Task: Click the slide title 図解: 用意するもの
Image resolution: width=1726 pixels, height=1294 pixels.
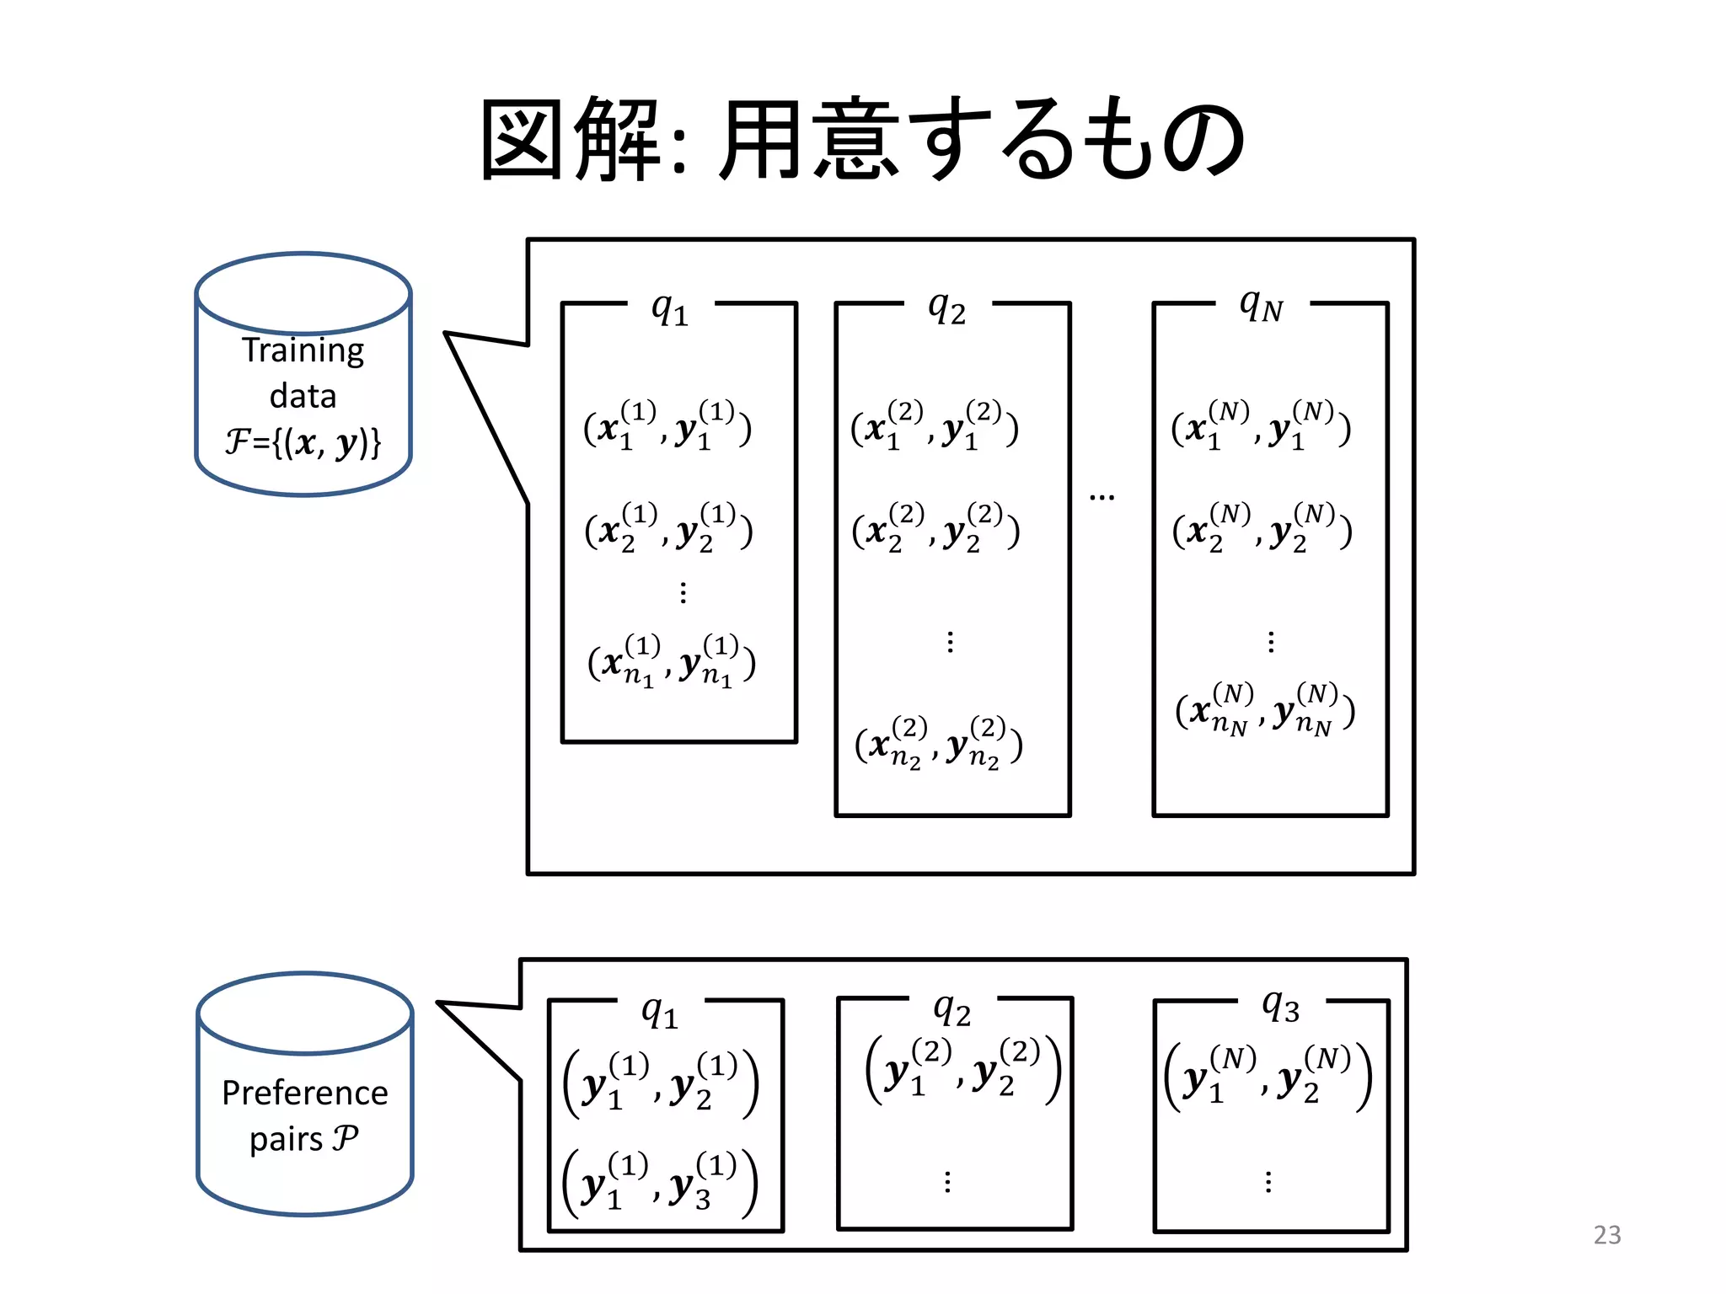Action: [862, 139]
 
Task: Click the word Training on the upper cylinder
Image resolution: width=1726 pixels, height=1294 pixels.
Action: [303, 350]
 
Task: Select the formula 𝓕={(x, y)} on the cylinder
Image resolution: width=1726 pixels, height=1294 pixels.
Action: [303, 441]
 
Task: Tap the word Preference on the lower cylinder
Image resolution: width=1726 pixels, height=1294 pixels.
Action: [304, 1093]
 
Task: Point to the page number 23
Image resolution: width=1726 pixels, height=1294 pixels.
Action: [1606, 1235]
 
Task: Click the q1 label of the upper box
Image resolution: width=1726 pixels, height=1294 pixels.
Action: [670, 309]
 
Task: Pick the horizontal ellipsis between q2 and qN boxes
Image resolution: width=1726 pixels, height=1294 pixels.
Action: [1102, 498]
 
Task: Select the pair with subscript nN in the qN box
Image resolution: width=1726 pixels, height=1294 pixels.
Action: [1264, 709]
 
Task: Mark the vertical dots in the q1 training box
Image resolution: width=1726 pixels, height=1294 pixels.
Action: [683, 593]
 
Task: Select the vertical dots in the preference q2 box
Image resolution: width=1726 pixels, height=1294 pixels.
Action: [948, 1181]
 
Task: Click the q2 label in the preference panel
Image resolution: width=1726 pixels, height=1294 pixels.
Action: [951, 1009]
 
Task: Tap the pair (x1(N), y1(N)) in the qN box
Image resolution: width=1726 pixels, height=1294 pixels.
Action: [1261, 426]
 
